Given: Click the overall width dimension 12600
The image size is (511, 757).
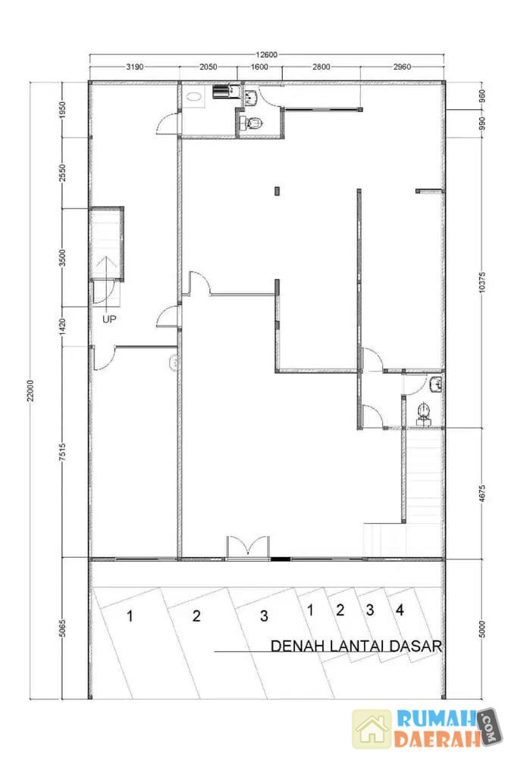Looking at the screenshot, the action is click(x=266, y=55).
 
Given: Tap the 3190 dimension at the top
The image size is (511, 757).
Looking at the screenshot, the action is click(x=134, y=67).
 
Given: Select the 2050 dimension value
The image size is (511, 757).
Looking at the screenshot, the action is click(x=208, y=67).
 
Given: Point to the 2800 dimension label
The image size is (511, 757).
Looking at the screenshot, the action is click(x=321, y=67).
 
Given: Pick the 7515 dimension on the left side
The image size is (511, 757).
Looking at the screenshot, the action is click(x=62, y=453).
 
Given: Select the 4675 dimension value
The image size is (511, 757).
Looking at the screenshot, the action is click(x=482, y=494).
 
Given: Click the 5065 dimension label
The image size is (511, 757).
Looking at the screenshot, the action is click(x=62, y=628).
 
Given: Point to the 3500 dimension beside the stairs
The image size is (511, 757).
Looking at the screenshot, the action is click(x=62, y=257).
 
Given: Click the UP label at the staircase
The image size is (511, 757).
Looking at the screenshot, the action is click(x=108, y=319).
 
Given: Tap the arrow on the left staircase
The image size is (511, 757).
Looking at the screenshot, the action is click(x=107, y=281).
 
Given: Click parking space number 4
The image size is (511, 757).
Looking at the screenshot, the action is click(x=400, y=610).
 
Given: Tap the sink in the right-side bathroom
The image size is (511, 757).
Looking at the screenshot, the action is click(x=436, y=385).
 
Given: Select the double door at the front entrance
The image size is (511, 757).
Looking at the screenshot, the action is click(x=248, y=547).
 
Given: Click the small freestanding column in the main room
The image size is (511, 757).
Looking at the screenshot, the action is click(x=277, y=191).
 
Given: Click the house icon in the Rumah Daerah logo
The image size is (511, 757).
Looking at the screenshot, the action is click(x=371, y=729).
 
